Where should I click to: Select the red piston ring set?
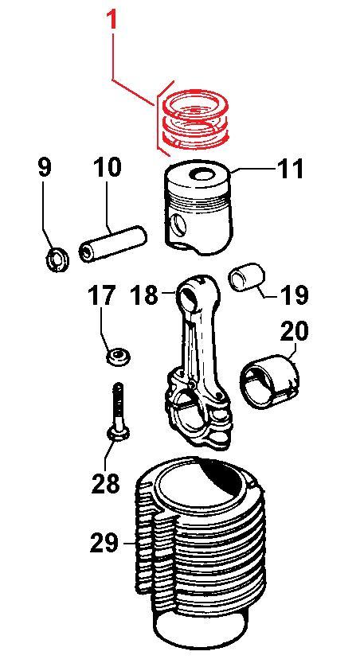tap(195, 120)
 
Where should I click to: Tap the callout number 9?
tap(45, 167)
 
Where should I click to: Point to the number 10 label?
tap(107, 167)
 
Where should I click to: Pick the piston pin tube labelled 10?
tap(113, 244)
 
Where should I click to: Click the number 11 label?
tap(290, 168)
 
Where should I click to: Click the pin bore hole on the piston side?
tap(179, 225)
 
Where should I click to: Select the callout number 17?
tap(102, 295)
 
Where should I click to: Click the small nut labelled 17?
tap(118, 356)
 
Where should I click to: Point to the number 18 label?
tap(144, 294)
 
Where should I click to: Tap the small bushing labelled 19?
tap(247, 277)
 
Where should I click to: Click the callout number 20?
tap(294, 332)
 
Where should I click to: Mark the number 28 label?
tap(105, 482)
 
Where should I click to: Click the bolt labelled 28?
tap(118, 413)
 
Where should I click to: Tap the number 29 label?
tap(104, 543)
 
